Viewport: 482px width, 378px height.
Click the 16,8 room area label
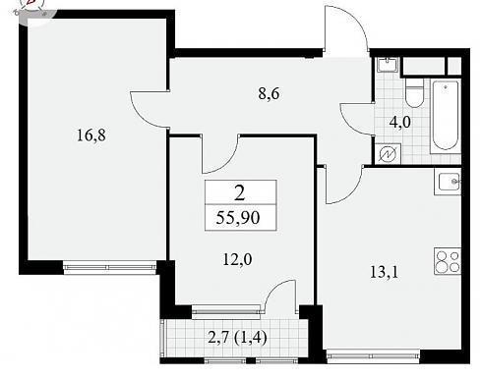pyautogui.click(x=91, y=135)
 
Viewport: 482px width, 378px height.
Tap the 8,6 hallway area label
pyautogui.click(x=269, y=94)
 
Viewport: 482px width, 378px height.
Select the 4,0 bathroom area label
pyautogui.click(x=400, y=123)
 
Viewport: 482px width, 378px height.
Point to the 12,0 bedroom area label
pyautogui.click(x=237, y=260)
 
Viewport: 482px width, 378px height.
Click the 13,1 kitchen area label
pyautogui.click(x=384, y=272)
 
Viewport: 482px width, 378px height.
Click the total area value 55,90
pyautogui.click(x=238, y=218)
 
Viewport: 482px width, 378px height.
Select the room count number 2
pyautogui.click(x=240, y=193)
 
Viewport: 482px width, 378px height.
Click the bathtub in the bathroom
pyautogui.click(x=446, y=116)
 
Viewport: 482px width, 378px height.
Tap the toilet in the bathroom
pyautogui.click(x=414, y=92)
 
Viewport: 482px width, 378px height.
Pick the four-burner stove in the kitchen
pyautogui.click(x=448, y=261)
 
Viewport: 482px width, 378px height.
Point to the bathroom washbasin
pyautogui.click(x=388, y=65)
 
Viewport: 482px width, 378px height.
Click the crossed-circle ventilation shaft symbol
pyautogui.click(x=388, y=154)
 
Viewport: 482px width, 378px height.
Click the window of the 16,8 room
pyautogui.click(x=109, y=267)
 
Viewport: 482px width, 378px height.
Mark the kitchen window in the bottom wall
pyautogui.click(x=373, y=356)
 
